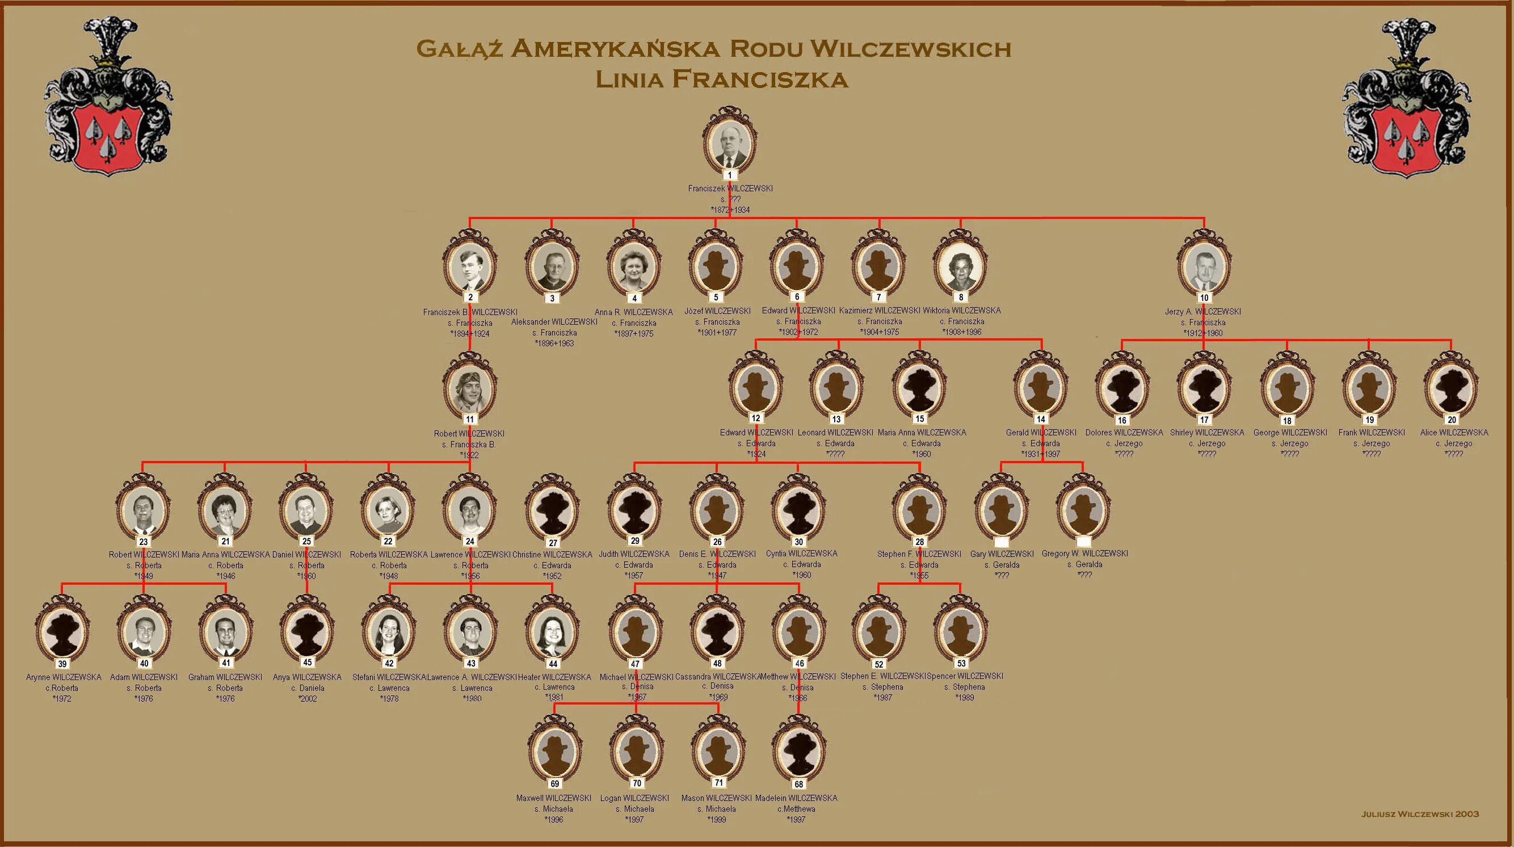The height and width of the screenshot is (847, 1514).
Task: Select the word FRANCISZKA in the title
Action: pyautogui.click(x=759, y=79)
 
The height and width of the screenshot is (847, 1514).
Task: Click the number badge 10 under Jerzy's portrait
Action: pyautogui.click(x=1204, y=297)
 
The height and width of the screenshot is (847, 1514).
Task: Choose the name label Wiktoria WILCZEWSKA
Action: pyautogui.click(x=961, y=311)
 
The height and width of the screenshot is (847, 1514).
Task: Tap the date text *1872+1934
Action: pyautogui.click(x=730, y=210)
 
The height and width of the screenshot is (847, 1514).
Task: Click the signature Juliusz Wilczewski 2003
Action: pyautogui.click(x=1420, y=814)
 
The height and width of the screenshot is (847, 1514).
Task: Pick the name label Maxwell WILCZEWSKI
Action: pyautogui.click(x=554, y=798)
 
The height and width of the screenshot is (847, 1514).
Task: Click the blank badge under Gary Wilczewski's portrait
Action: pyautogui.click(x=1001, y=542)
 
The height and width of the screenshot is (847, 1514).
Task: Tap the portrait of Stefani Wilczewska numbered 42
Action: pyautogui.click(x=389, y=632)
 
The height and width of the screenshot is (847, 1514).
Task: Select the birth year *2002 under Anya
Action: pyautogui.click(x=308, y=699)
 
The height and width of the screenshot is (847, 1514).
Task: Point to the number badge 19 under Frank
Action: pyautogui.click(x=1369, y=420)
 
